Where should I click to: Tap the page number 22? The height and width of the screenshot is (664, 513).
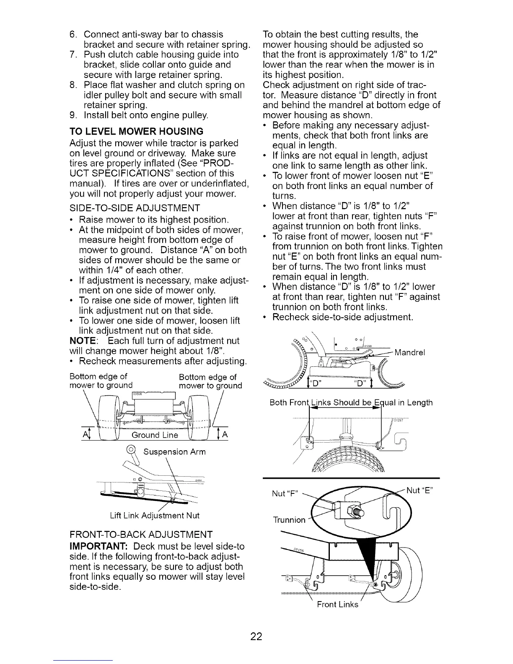coord(256,636)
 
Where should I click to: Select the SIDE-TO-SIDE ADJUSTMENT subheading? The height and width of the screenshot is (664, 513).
coord(135,208)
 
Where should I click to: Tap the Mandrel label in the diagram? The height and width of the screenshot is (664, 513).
coord(410,353)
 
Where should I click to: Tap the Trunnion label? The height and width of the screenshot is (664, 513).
coord(289,520)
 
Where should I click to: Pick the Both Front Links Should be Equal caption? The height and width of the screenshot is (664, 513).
coord(351,403)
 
